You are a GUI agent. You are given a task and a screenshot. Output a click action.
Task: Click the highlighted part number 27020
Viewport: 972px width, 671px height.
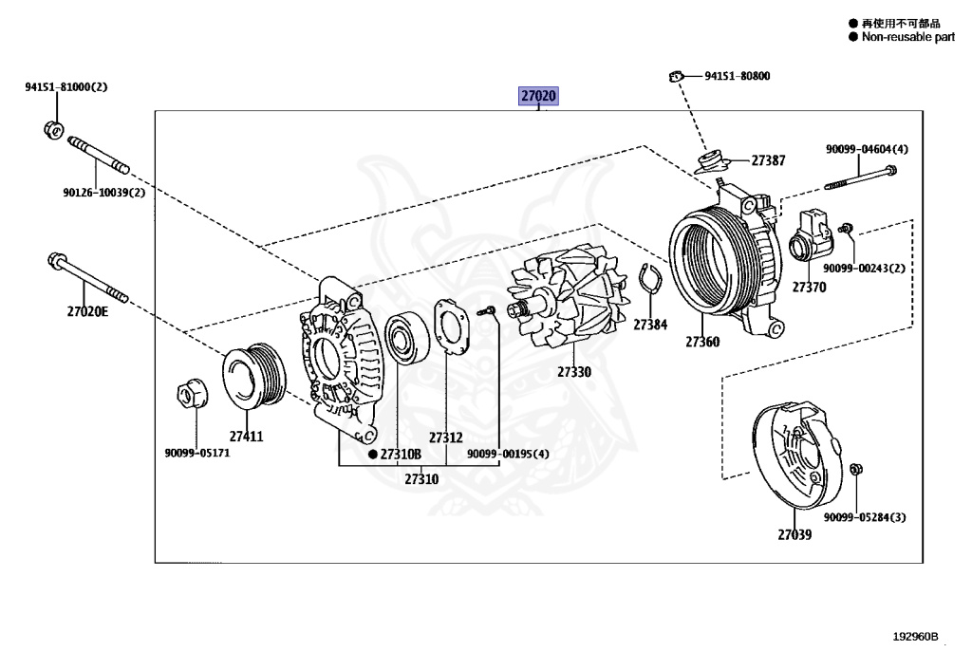[537, 96]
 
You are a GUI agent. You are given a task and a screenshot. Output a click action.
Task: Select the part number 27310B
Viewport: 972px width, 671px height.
[400, 455]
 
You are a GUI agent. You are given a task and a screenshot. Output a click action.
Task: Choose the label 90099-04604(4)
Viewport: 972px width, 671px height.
[867, 149]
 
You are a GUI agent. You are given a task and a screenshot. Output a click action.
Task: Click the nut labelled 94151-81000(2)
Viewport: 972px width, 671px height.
[54, 128]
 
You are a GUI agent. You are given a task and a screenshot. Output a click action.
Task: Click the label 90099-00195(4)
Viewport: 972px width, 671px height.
[507, 454]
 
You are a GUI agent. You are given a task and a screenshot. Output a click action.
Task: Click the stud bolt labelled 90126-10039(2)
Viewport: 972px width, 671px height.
[99, 157]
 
